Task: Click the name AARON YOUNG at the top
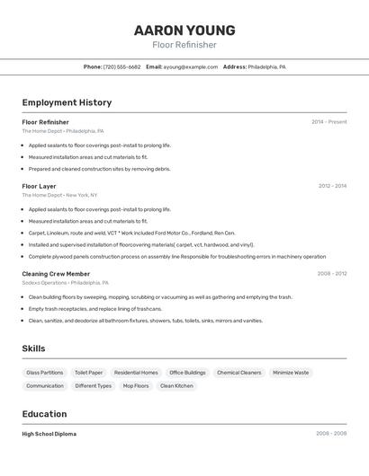(184, 30)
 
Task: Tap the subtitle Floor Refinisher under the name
(184, 45)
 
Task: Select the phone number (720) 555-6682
(121, 66)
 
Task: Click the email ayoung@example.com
(191, 66)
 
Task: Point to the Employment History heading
(67, 102)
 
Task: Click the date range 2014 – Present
(328, 122)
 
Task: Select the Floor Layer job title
(39, 186)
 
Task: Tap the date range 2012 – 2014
(332, 186)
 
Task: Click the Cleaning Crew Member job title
(56, 273)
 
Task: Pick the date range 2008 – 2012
(332, 273)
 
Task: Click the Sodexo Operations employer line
(65, 283)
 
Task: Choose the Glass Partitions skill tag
(45, 372)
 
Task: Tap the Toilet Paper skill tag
(88, 372)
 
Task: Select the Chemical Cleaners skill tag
(239, 372)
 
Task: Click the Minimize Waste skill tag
(291, 372)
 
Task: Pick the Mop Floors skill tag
(136, 385)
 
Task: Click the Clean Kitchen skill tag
(176, 385)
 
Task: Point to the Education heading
(44, 414)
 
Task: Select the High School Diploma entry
(49, 434)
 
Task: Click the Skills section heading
(33, 348)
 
